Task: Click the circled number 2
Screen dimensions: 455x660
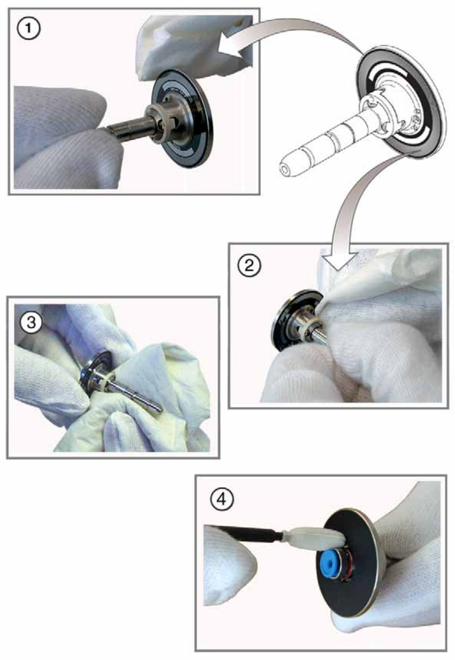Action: point(249,266)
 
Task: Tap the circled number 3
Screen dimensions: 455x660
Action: point(31,323)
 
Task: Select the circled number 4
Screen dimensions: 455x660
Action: point(222,499)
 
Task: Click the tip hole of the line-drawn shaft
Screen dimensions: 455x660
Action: point(284,170)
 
